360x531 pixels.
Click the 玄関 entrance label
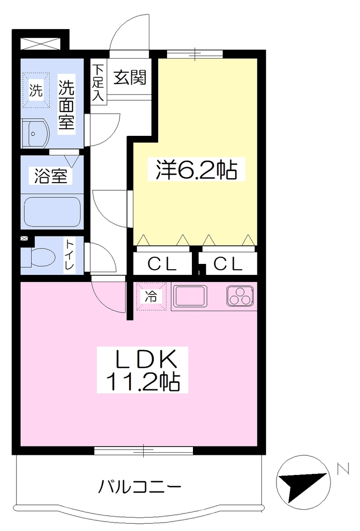(x=130, y=78)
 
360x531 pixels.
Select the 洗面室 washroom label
(x=66, y=104)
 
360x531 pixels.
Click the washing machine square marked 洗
(x=36, y=90)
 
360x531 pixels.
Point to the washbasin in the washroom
(x=35, y=133)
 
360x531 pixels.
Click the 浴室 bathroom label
(x=51, y=176)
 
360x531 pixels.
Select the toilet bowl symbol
(x=38, y=257)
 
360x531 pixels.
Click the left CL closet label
(x=162, y=264)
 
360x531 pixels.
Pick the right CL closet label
(x=228, y=264)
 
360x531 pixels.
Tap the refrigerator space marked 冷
(x=151, y=296)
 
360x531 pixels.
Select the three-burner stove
(x=240, y=296)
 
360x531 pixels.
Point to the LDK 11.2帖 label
(x=143, y=369)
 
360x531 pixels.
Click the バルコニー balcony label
(x=140, y=487)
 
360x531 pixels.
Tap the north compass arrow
(x=303, y=483)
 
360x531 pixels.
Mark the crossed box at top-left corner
(x=40, y=44)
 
